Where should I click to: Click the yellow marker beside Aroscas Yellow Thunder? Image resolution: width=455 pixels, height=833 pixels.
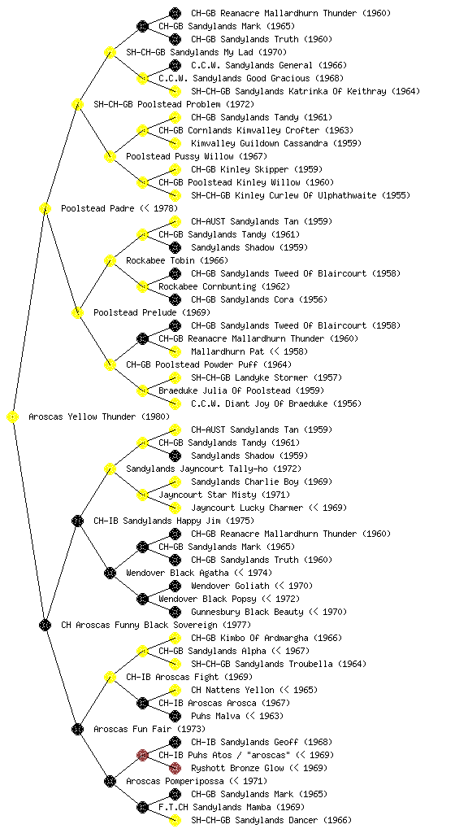13,417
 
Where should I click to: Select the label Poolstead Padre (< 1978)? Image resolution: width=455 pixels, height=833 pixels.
119,209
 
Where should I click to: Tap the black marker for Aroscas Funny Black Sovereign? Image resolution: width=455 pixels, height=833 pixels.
45,626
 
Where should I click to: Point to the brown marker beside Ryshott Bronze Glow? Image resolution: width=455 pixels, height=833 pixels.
175,768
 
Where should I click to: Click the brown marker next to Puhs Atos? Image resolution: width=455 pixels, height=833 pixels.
142,755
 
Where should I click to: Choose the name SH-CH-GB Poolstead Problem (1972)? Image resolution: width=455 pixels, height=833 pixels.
174,105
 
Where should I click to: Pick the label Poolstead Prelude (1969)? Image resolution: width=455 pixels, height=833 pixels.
152,313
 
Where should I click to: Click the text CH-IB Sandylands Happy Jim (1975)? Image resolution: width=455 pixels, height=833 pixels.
174,521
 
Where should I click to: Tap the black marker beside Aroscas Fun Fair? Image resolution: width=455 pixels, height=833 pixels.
77,730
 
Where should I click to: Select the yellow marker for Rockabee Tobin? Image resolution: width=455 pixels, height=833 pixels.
110,261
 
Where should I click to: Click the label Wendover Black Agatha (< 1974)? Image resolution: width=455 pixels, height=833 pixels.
199,574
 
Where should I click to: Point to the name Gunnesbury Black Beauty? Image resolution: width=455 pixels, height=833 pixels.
248,612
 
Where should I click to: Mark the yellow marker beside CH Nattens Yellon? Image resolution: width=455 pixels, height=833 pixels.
175,690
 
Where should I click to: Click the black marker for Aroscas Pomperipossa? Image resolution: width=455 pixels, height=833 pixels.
110,782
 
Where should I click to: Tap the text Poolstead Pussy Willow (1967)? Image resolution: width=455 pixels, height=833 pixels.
196,157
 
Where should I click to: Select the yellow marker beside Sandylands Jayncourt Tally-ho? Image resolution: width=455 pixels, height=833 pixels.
110,469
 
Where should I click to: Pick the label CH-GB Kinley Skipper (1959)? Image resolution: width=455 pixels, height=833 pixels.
257,169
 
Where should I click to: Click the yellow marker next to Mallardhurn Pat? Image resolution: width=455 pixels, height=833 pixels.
175,351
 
